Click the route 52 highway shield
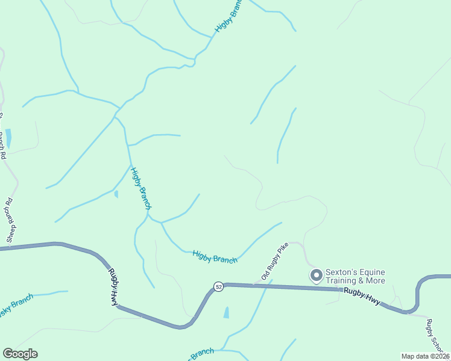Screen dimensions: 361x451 point(218,287)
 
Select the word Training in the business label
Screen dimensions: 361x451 point(343,280)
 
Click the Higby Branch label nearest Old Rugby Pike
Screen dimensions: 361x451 point(215,257)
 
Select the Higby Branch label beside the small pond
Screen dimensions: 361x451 point(140,188)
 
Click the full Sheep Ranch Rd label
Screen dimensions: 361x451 point(11,221)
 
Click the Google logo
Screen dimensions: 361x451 point(20,354)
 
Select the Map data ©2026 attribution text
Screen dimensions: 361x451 point(425,356)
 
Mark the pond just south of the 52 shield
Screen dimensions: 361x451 point(226,312)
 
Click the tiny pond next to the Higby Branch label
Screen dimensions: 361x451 point(116,194)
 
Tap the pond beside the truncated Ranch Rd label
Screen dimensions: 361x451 point(8,138)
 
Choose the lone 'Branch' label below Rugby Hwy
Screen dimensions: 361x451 point(203,353)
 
